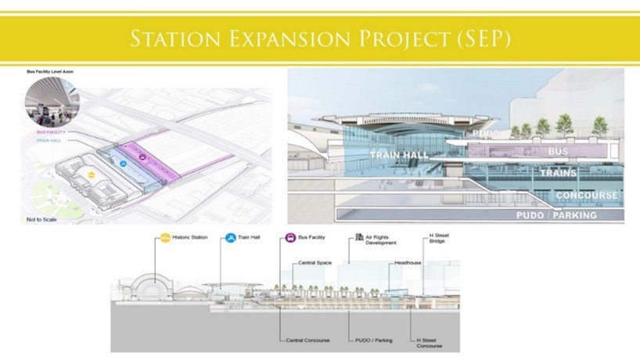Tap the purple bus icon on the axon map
(143, 157)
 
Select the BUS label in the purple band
(558, 150)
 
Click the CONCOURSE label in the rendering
(586, 194)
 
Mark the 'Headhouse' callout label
(408, 263)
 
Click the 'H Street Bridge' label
(440, 239)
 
